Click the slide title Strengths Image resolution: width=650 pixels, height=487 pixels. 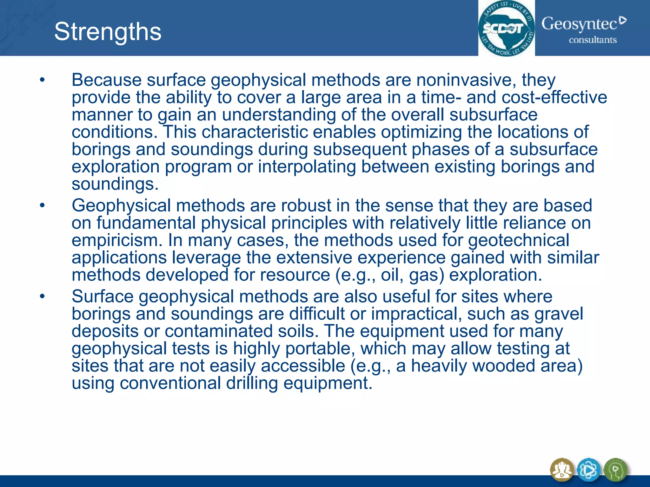(x=108, y=32)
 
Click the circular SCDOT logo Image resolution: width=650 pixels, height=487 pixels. (x=506, y=29)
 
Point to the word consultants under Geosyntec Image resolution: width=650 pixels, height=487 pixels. (x=593, y=40)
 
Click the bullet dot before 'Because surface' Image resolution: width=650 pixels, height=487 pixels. (x=42, y=80)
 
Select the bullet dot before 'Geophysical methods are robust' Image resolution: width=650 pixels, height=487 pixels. (x=42, y=206)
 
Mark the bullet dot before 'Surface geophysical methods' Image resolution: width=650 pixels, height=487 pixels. (x=42, y=297)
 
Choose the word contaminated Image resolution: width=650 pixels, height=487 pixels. (x=219, y=331)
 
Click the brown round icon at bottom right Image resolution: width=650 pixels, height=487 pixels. (x=562, y=470)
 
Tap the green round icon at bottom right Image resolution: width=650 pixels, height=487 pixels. (x=615, y=470)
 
